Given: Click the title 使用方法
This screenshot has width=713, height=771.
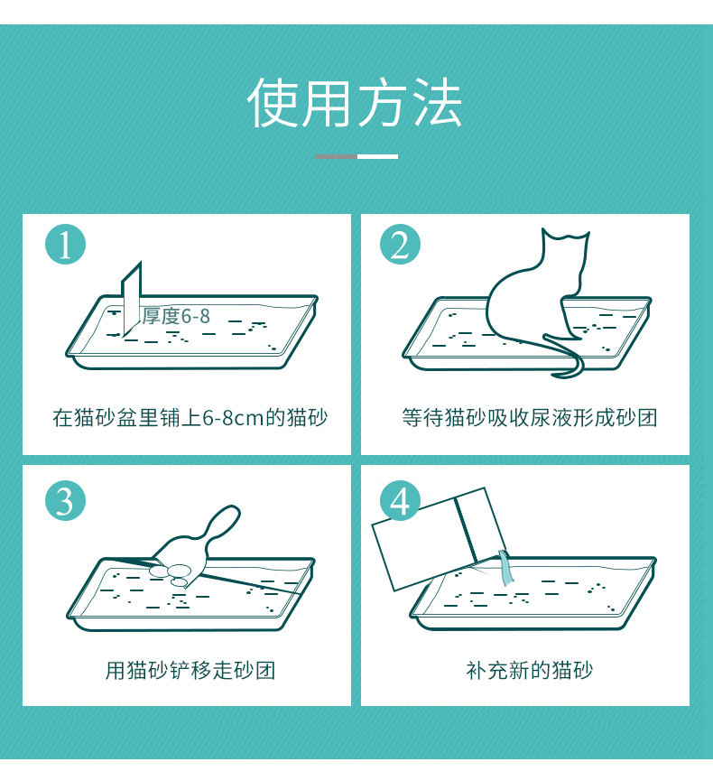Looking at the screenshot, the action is pyautogui.click(x=355, y=103).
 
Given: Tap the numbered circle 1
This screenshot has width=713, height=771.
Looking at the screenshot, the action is pyautogui.click(x=65, y=245).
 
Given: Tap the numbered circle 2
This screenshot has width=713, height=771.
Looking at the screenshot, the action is pyautogui.click(x=400, y=245).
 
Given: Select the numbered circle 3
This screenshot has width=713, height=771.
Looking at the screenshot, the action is pyautogui.click(x=65, y=500).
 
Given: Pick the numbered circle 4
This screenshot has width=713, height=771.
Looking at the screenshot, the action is pyautogui.click(x=400, y=500).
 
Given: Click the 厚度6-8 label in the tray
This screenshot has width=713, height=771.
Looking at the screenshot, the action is pyautogui.click(x=176, y=316).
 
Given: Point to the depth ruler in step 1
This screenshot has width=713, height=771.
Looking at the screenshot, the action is pyautogui.click(x=132, y=300).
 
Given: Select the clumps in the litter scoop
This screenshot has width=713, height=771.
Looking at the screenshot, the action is pyautogui.click(x=173, y=574).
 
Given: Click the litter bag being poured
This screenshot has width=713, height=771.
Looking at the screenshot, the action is pyautogui.click(x=438, y=538).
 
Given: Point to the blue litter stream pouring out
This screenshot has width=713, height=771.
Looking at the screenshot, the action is pyautogui.click(x=506, y=568).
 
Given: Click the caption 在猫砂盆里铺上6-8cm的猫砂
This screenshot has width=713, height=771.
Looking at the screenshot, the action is pyautogui.click(x=190, y=418).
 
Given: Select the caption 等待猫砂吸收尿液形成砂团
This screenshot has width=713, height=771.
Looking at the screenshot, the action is pyautogui.click(x=530, y=418).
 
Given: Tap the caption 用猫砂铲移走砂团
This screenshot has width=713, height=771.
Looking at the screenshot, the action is pyautogui.click(x=190, y=670).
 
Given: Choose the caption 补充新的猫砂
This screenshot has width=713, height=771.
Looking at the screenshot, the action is pyautogui.click(x=530, y=670).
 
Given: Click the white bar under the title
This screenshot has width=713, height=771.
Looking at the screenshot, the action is pyautogui.click(x=377, y=156).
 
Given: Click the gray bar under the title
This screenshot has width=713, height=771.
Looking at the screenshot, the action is pyautogui.click(x=336, y=156).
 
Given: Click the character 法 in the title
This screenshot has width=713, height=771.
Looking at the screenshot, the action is pyautogui.click(x=437, y=103).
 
